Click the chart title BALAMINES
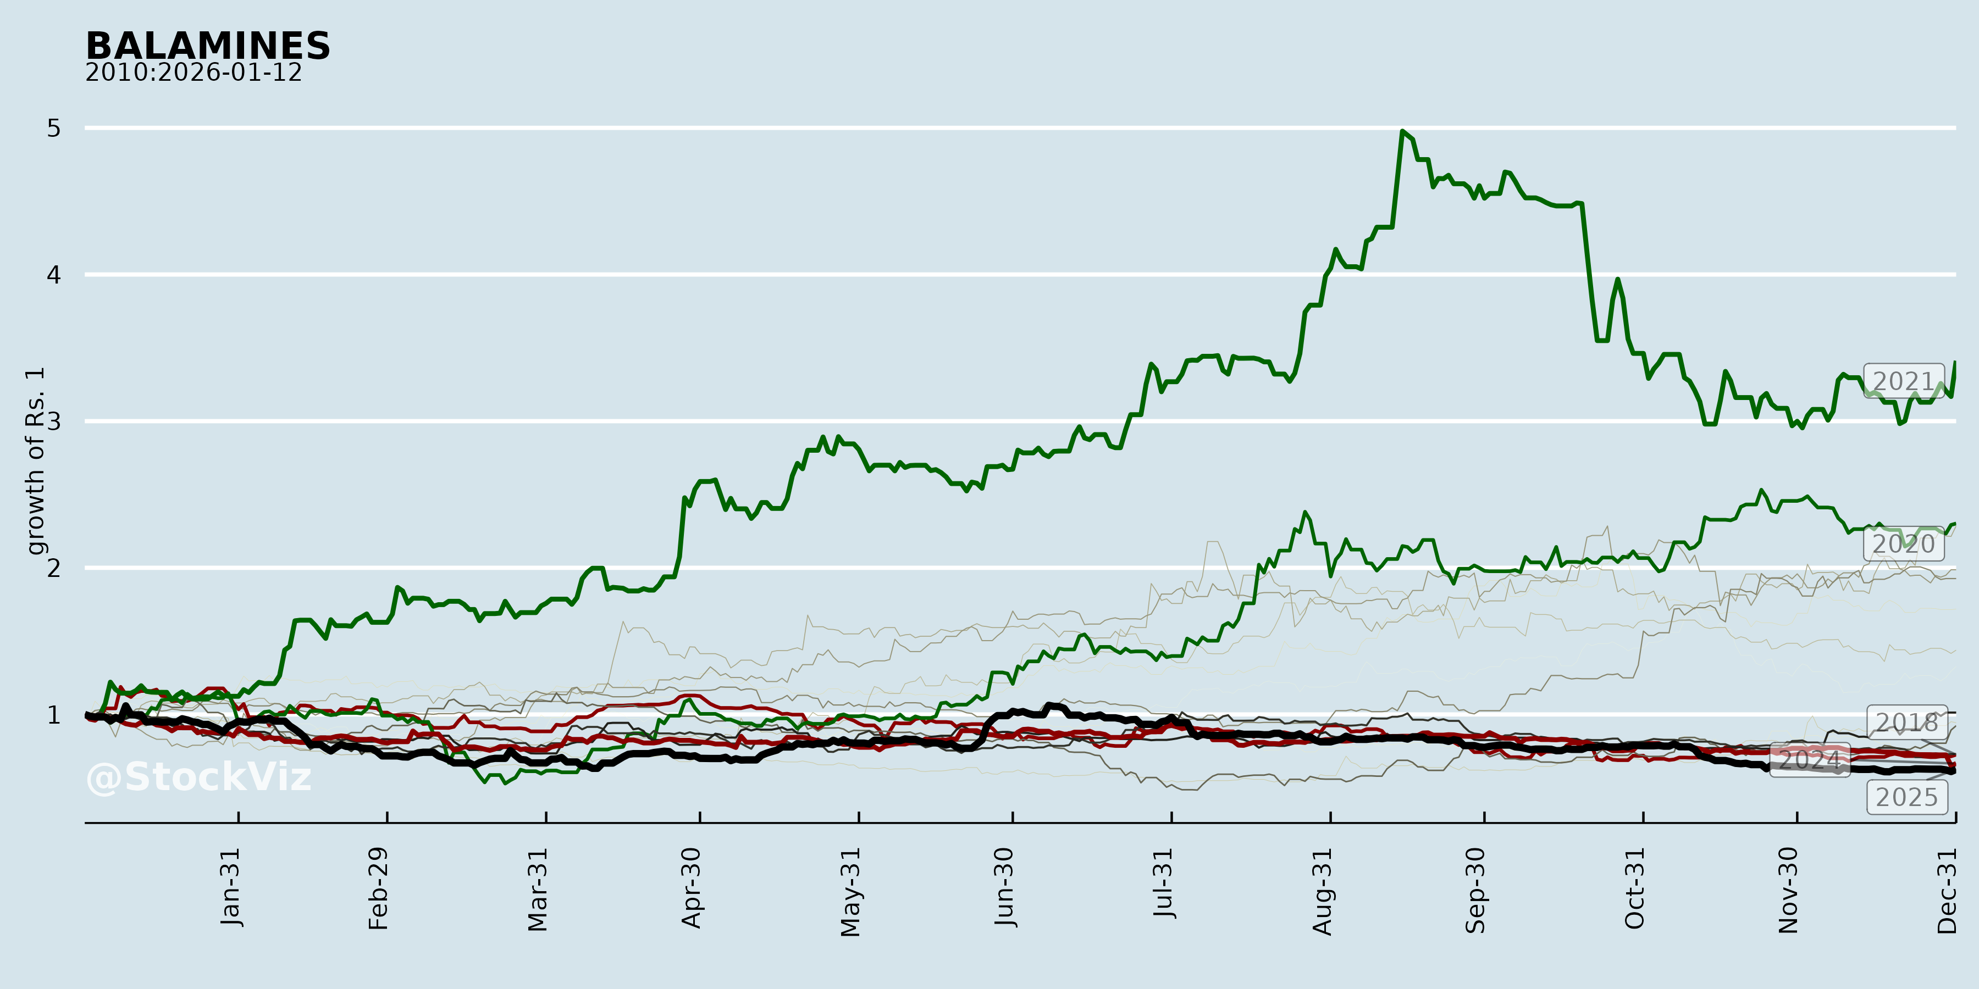click(207, 46)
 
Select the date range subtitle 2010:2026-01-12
click(193, 73)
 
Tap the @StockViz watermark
click(199, 777)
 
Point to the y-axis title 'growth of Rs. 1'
click(35, 461)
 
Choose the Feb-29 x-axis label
click(379, 889)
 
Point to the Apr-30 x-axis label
click(692, 888)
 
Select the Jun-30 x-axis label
click(1004, 888)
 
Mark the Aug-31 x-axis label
click(1322, 891)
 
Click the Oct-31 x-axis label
click(1634, 888)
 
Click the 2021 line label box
click(1903, 382)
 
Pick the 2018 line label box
click(1906, 723)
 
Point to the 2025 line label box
click(1906, 797)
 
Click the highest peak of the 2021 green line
click(1402, 131)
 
